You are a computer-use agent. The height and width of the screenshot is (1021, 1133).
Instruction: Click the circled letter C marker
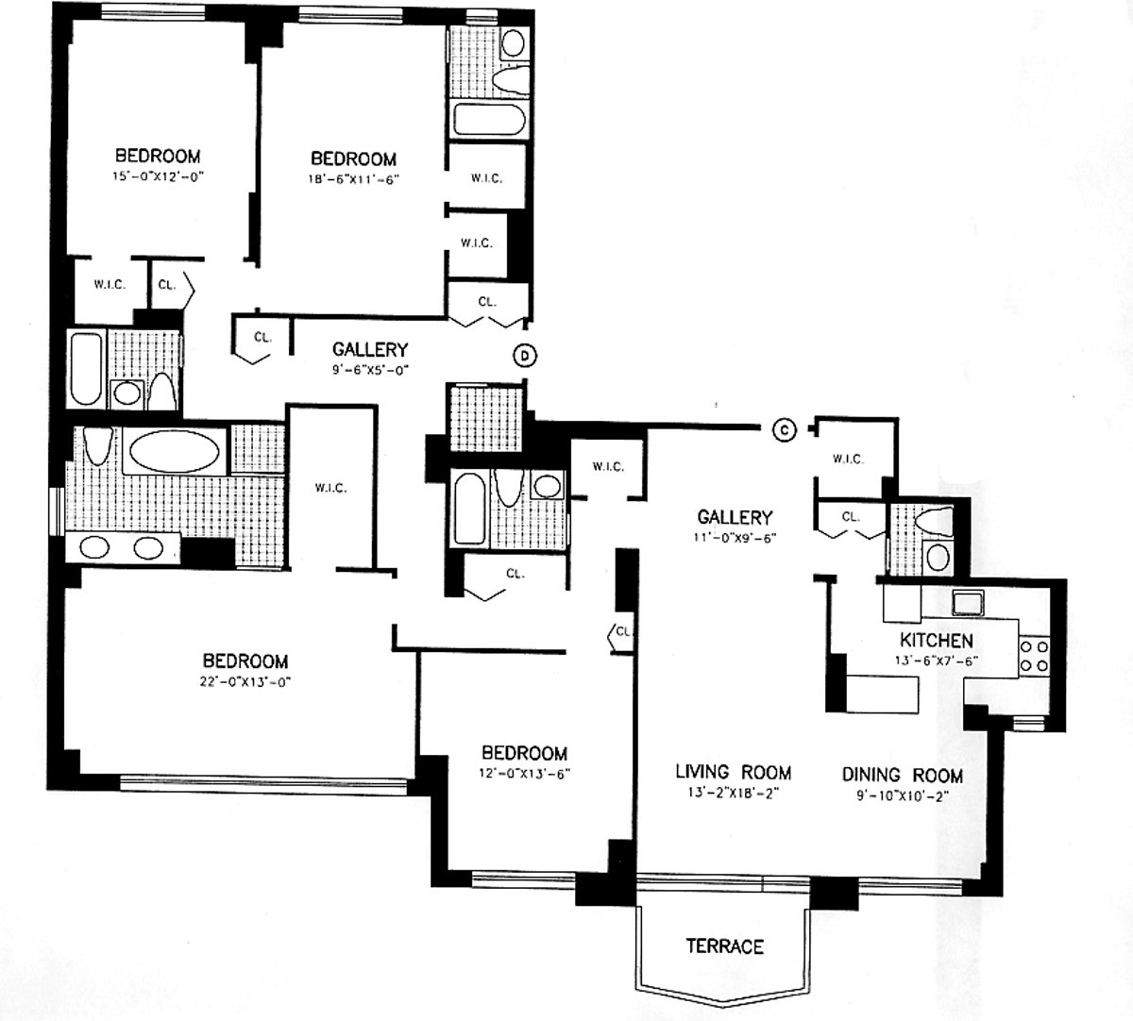tap(784, 429)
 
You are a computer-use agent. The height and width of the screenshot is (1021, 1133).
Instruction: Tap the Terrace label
tap(724, 946)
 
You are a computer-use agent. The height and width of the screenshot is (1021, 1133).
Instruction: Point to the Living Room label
tap(733, 772)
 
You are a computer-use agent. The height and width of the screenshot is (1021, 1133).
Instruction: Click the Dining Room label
tap(903, 775)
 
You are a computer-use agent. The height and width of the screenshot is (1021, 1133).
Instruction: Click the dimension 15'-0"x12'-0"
tap(158, 176)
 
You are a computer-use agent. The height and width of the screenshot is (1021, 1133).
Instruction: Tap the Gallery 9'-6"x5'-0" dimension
tap(369, 370)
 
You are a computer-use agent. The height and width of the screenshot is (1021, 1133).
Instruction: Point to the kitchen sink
tap(968, 600)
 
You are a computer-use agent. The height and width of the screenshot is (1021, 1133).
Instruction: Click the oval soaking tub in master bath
tap(173, 451)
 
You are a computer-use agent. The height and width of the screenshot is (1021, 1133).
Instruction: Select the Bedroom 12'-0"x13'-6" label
tap(525, 753)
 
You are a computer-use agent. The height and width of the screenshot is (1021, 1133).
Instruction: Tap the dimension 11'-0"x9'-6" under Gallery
tap(735, 537)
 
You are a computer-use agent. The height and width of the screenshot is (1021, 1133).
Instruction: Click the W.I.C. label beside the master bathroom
tap(330, 488)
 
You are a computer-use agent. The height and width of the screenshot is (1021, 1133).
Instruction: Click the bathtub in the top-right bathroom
tap(483, 120)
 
